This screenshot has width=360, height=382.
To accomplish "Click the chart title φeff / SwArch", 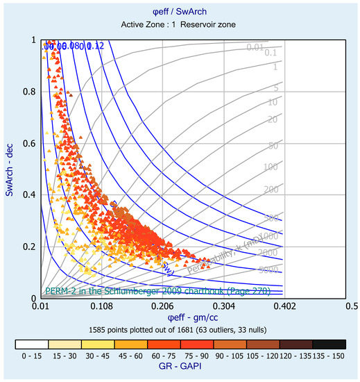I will coord(180,12).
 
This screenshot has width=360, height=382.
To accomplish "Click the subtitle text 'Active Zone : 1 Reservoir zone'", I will coord(180,24).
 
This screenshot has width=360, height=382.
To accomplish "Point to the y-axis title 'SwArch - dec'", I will coord(9,168).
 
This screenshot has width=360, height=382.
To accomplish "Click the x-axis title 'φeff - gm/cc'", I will coord(180,317).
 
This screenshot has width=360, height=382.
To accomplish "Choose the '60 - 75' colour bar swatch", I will coord(163,344).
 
